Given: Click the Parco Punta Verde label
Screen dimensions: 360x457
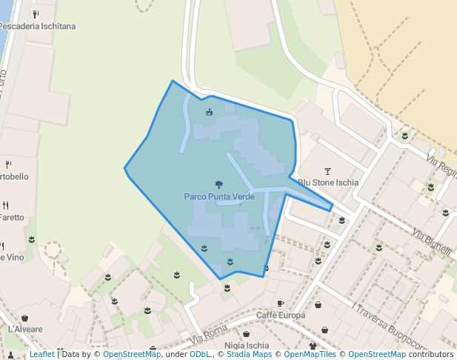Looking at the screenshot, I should click(x=219, y=197).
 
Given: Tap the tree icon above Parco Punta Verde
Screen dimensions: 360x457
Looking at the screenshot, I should click(x=219, y=184).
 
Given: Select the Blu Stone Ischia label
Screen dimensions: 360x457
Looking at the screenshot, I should click(x=328, y=182).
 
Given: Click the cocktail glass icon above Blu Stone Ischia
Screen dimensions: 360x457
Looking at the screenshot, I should click(x=328, y=170).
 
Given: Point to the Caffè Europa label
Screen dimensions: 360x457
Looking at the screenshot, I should click(x=281, y=316).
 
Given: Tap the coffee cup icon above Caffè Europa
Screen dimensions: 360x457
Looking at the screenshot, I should click(x=280, y=304).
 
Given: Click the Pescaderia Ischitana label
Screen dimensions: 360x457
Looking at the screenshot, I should click(x=38, y=26).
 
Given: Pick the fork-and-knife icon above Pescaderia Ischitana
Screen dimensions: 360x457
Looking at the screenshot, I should click(x=36, y=14).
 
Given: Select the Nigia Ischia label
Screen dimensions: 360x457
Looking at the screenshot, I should click(x=247, y=345).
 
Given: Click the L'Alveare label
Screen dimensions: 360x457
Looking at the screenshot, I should click(x=25, y=329).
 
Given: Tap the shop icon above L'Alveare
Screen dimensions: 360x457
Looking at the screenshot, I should click(x=24, y=318).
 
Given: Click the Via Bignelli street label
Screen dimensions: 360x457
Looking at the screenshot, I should click(x=432, y=243).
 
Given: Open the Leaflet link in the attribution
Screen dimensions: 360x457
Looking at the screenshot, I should click(x=41, y=354).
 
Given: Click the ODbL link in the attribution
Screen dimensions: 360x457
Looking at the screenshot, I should click(x=200, y=354).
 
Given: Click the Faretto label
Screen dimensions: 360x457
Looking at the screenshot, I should click(x=11, y=218).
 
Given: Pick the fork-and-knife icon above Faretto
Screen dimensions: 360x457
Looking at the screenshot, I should click(x=5, y=205).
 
